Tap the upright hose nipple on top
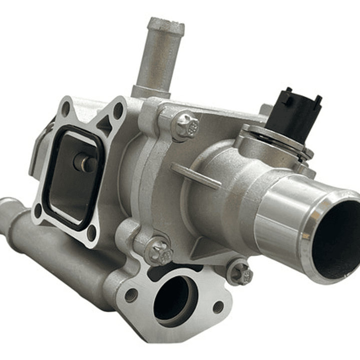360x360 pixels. click(160, 55)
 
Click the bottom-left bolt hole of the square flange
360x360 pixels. click(38, 210)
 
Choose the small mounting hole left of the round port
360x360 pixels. click(131, 295)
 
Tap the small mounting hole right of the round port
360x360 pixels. click(218, 307)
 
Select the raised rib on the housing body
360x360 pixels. click(195, 175)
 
